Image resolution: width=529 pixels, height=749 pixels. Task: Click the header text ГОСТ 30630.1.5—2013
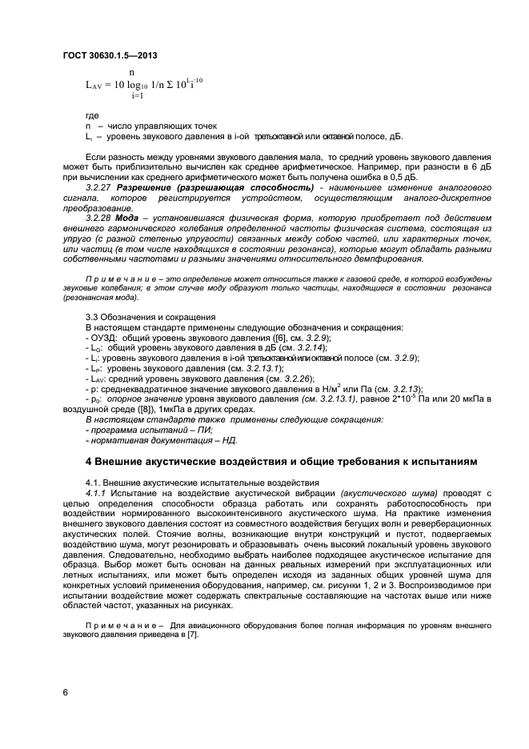(109, 55)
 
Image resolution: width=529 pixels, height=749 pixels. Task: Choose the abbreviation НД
(228, 440)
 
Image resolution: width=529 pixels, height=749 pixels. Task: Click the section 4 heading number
(89, 462)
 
